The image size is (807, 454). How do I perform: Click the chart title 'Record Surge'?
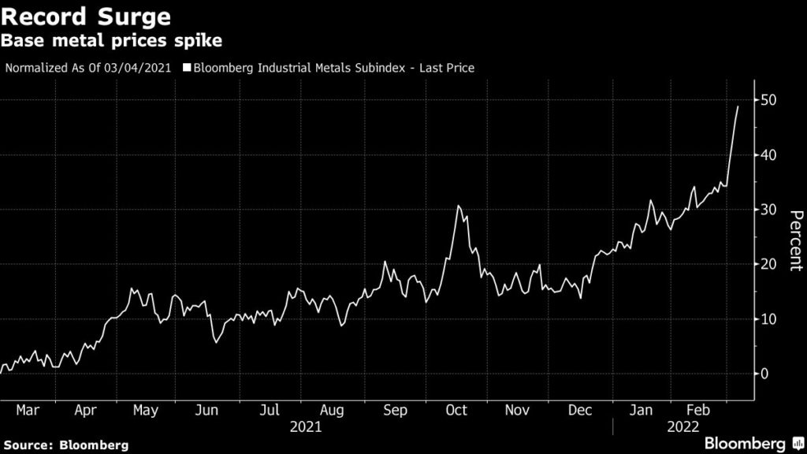(x=86, y=17)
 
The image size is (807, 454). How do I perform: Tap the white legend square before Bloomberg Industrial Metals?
(x=187, y=68)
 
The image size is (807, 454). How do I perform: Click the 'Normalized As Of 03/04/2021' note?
(x=88, y=68)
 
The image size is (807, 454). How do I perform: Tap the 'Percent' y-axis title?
(x=794, y=240)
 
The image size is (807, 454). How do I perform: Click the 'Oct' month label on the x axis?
(x=456, y=411)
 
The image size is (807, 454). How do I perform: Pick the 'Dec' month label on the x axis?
(x=580, y=411)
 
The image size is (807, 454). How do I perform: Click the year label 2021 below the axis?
(x=305, y=427)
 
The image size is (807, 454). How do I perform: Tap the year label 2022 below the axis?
(x=682, y=427)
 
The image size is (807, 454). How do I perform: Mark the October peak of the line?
(x=458, y=206)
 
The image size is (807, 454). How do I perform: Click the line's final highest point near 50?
(x=738, y=106)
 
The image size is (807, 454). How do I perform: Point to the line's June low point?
(x=216, y=342)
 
